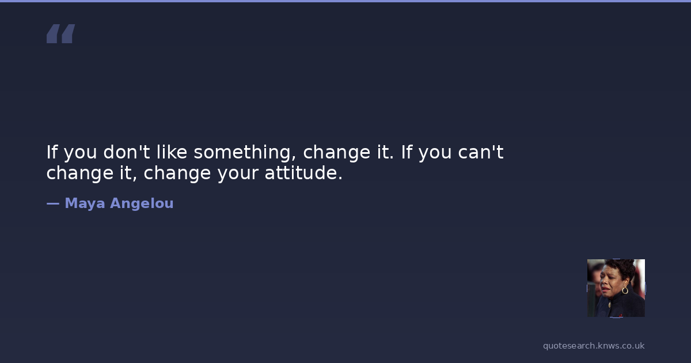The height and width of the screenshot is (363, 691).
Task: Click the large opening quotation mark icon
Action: click(61, 33)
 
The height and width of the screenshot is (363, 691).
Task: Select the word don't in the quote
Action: click(127, 152)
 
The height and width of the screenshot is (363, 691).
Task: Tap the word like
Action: click(172, 152)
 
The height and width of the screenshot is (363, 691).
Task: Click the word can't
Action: click(481, 152)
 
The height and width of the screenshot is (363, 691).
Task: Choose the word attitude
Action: click(303, 172)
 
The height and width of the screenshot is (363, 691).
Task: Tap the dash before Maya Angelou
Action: click(53, 203)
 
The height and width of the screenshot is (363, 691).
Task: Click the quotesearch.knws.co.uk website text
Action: click(594, 346)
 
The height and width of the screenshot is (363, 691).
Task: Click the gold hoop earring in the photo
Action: click(625, 290)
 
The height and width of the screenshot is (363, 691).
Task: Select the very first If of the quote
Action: click(52, 152)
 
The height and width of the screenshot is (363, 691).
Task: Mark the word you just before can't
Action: click(435, 154)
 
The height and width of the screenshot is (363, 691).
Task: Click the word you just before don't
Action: click(80, 154)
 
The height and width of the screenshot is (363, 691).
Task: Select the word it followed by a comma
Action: click(128, 172)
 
